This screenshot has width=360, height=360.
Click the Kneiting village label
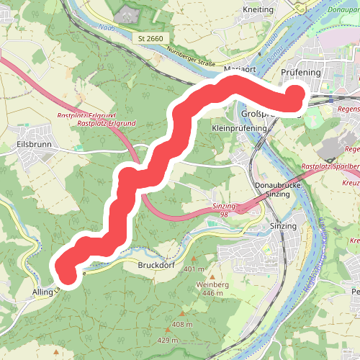click(260, 9)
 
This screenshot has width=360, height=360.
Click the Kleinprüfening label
click(240, 127)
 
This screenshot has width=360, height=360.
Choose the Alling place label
click(42, 293)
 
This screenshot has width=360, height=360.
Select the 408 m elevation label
click(183, 325)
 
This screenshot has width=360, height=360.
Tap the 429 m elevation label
click(168, 340)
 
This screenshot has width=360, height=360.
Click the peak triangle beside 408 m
click(183, 314)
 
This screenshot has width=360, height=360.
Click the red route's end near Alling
click(67, 273)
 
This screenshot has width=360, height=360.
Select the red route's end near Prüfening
click(296, 96)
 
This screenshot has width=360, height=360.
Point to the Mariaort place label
click(240, 69)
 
